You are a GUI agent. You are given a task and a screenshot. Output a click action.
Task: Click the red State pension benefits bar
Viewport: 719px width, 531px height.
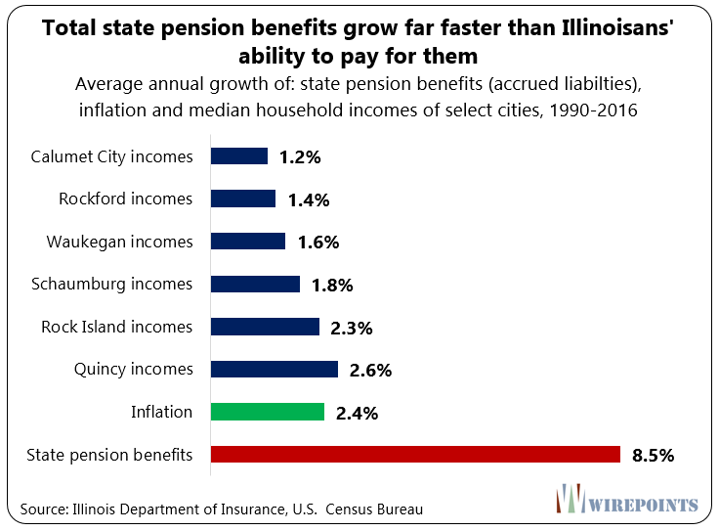point(416,454)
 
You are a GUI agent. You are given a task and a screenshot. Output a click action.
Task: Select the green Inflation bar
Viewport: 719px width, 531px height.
point(268,412)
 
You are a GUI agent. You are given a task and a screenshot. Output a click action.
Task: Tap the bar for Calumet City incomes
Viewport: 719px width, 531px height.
point(239,156)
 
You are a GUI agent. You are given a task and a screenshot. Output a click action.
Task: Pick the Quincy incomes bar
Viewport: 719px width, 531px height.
point(275,369)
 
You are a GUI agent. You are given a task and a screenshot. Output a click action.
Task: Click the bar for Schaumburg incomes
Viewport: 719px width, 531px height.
point(256,284)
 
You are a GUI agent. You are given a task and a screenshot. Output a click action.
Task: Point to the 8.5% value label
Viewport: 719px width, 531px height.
point(653,455)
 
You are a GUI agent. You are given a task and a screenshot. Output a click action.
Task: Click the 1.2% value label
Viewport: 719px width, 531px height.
point(299,157)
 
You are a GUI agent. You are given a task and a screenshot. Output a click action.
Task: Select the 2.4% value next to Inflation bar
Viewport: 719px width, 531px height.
point(356,413)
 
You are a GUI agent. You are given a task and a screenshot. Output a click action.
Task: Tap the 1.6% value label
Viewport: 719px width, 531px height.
point(317,243)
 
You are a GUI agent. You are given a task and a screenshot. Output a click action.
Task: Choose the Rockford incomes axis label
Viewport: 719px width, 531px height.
point(126,199)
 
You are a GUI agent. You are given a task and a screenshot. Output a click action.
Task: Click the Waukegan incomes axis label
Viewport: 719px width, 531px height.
point(120,242)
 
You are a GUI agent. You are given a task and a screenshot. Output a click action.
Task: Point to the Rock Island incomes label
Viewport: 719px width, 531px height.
point(117,327)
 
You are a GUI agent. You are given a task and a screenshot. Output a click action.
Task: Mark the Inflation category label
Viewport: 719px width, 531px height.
point(161,412)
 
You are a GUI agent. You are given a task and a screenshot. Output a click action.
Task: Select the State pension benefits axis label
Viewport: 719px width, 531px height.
point(109,454)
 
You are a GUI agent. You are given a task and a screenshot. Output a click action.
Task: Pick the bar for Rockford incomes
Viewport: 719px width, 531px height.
point(243,199)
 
